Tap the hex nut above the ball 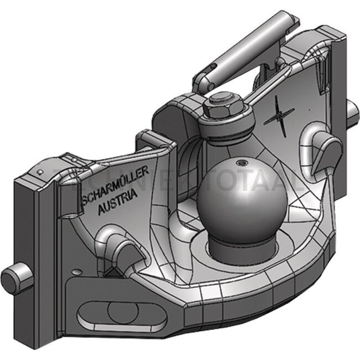click(x=222, y=105)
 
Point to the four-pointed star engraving click(x=280, y=117)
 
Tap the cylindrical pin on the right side click(x=351, y=113)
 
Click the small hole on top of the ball click(x=241, y=163)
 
